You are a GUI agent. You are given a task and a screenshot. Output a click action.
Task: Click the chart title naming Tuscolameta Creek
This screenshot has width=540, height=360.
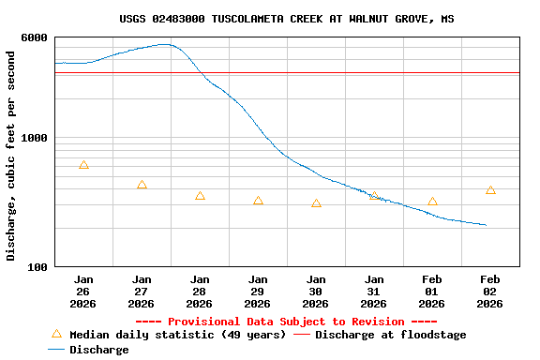[x=287, y=19]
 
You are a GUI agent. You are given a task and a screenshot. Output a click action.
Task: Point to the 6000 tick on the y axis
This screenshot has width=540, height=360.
[x=35, y=37]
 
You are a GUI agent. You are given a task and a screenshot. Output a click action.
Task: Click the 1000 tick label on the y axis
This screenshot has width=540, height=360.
[x=35, y=138]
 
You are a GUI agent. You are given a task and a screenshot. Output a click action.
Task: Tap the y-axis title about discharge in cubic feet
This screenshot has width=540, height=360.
[x=11, y=156]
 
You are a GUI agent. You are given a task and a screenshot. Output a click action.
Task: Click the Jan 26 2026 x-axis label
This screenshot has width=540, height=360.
[x=83, y=291]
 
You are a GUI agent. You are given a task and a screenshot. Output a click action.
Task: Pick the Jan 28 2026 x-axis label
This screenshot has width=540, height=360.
[x=200, y=291]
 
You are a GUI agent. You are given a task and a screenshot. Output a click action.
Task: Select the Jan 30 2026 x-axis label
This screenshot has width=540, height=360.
[x=316, y=291]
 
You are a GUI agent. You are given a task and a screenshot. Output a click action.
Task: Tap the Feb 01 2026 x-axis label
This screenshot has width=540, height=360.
[x=432, y=291]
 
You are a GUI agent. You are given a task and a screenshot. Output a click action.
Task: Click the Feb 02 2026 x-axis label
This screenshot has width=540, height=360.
[x=490, y=291]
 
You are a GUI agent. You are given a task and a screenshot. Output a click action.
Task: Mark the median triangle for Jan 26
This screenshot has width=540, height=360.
[x=83, y=165]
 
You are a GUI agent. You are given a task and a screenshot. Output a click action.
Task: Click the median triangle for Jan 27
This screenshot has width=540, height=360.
[x=142, y=186]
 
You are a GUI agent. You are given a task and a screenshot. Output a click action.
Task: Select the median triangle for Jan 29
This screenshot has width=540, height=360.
[x=258, y=201]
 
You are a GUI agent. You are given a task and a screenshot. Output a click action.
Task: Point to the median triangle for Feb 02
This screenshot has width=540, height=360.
[x=490, y=190]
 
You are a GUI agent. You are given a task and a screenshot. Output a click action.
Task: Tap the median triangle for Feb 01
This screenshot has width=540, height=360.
[x=432, y=202]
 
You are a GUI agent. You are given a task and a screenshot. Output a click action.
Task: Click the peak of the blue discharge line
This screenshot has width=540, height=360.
[x=165, y=44]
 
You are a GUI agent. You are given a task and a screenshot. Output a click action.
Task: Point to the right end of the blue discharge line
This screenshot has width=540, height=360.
[x=486, y=225]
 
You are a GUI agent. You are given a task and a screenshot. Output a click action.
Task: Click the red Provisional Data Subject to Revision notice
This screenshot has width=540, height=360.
[x=287, y=322]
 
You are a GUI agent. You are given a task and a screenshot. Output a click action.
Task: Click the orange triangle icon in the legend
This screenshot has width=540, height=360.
[x=56, y=334]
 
